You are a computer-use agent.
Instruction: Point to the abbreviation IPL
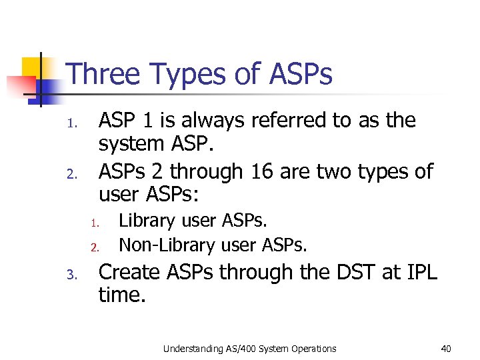tap(420, 272)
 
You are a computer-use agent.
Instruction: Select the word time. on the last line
tap(121, 295)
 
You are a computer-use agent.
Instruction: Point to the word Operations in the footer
tap(314, 349)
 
